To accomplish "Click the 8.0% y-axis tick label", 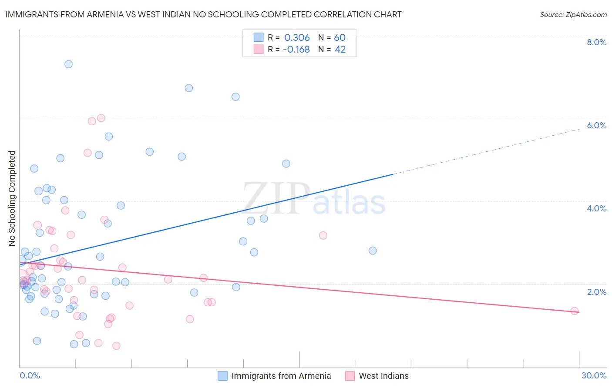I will point(596,42).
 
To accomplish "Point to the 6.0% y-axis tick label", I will point(596,125).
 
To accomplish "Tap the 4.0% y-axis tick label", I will point(596,208).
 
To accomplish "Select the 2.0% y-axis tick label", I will point(596,292).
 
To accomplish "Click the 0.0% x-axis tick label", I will point(30,375).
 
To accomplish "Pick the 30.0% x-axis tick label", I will point(594,375).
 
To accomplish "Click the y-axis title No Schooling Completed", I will point(12,198).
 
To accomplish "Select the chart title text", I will point(203,14).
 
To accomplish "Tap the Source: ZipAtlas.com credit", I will point(573,14).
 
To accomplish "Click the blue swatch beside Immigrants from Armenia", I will point(223,376).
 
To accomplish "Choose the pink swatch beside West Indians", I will point(350,376).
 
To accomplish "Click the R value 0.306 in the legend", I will point(297,38).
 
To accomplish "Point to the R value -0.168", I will point(296,50).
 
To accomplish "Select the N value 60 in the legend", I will point(340,38).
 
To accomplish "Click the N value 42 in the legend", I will point(340,50).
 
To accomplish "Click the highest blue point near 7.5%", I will point(68,64).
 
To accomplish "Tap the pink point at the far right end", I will point(575,311).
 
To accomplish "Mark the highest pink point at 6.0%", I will point(101,118).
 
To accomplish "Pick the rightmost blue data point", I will point(373,251).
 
